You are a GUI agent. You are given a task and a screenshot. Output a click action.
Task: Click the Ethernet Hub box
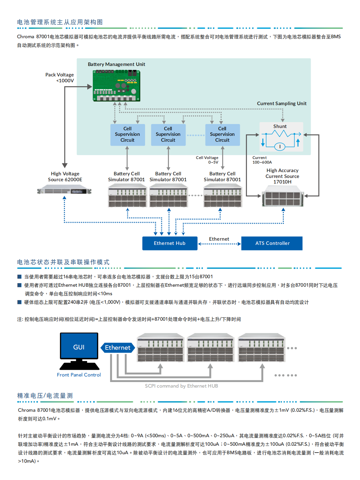point(170,243)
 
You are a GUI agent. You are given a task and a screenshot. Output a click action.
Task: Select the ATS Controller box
point(272,243)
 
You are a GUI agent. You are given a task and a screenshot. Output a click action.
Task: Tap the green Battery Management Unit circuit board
point(117,86)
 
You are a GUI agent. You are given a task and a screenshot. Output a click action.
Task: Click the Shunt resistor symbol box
point(281,137)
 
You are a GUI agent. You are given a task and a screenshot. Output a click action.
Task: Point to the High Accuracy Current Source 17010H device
point(283,196)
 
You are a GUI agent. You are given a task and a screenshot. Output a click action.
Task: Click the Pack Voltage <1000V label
point(60,78)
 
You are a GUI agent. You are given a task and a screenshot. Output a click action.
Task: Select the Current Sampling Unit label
point(282,104)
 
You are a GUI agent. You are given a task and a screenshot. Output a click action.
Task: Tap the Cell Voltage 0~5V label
point(207,160)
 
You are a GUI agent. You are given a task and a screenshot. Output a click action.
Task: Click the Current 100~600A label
point(262,160)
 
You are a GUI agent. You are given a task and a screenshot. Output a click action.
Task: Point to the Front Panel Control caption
point(79,375)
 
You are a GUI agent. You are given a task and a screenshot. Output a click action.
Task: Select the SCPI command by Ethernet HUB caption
point(181,386)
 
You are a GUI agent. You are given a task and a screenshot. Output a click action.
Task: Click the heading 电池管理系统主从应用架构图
point(60,22)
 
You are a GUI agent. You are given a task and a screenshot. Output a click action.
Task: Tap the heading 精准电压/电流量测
point(45,396)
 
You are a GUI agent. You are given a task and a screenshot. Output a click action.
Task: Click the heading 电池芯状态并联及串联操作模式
point(63,262)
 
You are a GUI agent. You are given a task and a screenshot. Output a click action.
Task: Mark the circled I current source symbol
point(280,147)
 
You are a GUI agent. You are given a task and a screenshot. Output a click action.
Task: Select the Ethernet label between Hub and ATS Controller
point(219,239)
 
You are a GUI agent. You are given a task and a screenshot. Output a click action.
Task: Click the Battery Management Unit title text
point(116,64)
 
